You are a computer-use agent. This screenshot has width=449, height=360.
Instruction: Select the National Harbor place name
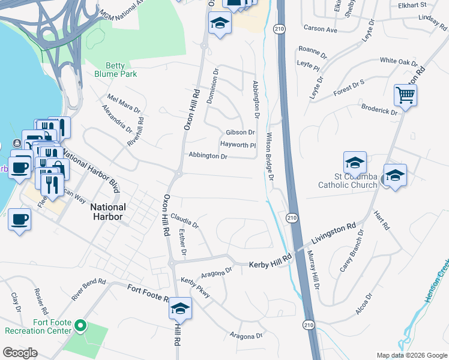(x=108, y=212)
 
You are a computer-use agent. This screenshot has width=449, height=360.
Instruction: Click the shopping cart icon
(x=406, y=95)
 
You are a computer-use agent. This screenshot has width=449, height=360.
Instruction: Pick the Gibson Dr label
(x=240, y=133)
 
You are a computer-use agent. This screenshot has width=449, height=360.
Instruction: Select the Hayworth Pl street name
(x=238, y=145)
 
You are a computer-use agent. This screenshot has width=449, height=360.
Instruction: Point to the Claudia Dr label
(x=184, y=220)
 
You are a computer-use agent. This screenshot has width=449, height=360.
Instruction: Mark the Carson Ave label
(x=321, y=29)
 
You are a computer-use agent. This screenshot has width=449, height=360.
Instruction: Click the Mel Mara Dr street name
(x=123, y=103)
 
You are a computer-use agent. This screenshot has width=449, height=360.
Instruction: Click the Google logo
(x=20, y=353)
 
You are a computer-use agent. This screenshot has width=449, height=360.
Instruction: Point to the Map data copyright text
(x=411, y=355)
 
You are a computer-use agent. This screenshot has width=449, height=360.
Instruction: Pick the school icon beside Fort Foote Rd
(x=180, y=308)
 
